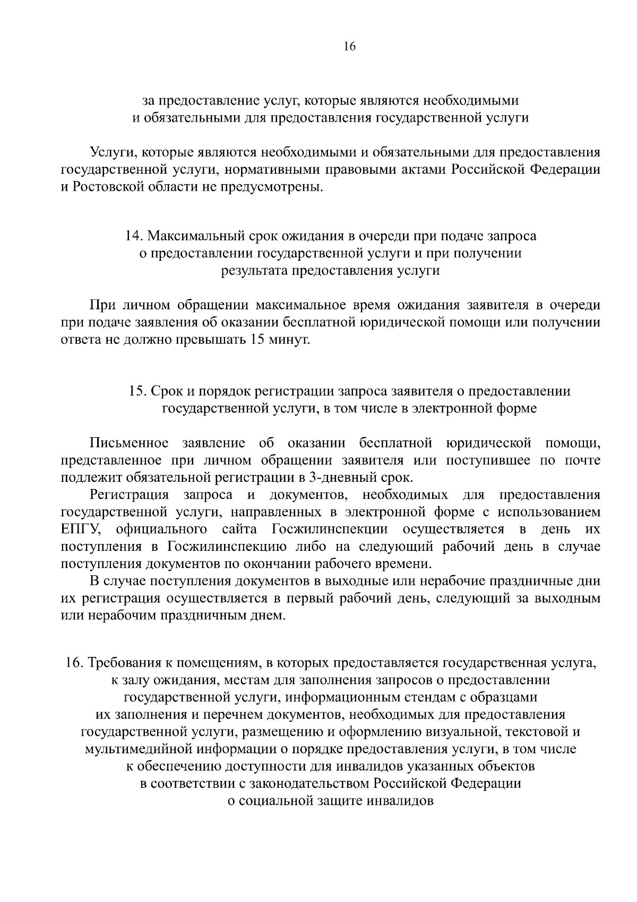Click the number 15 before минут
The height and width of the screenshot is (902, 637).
click(x=255, y=339)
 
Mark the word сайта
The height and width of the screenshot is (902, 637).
click(x=238, y=530)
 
